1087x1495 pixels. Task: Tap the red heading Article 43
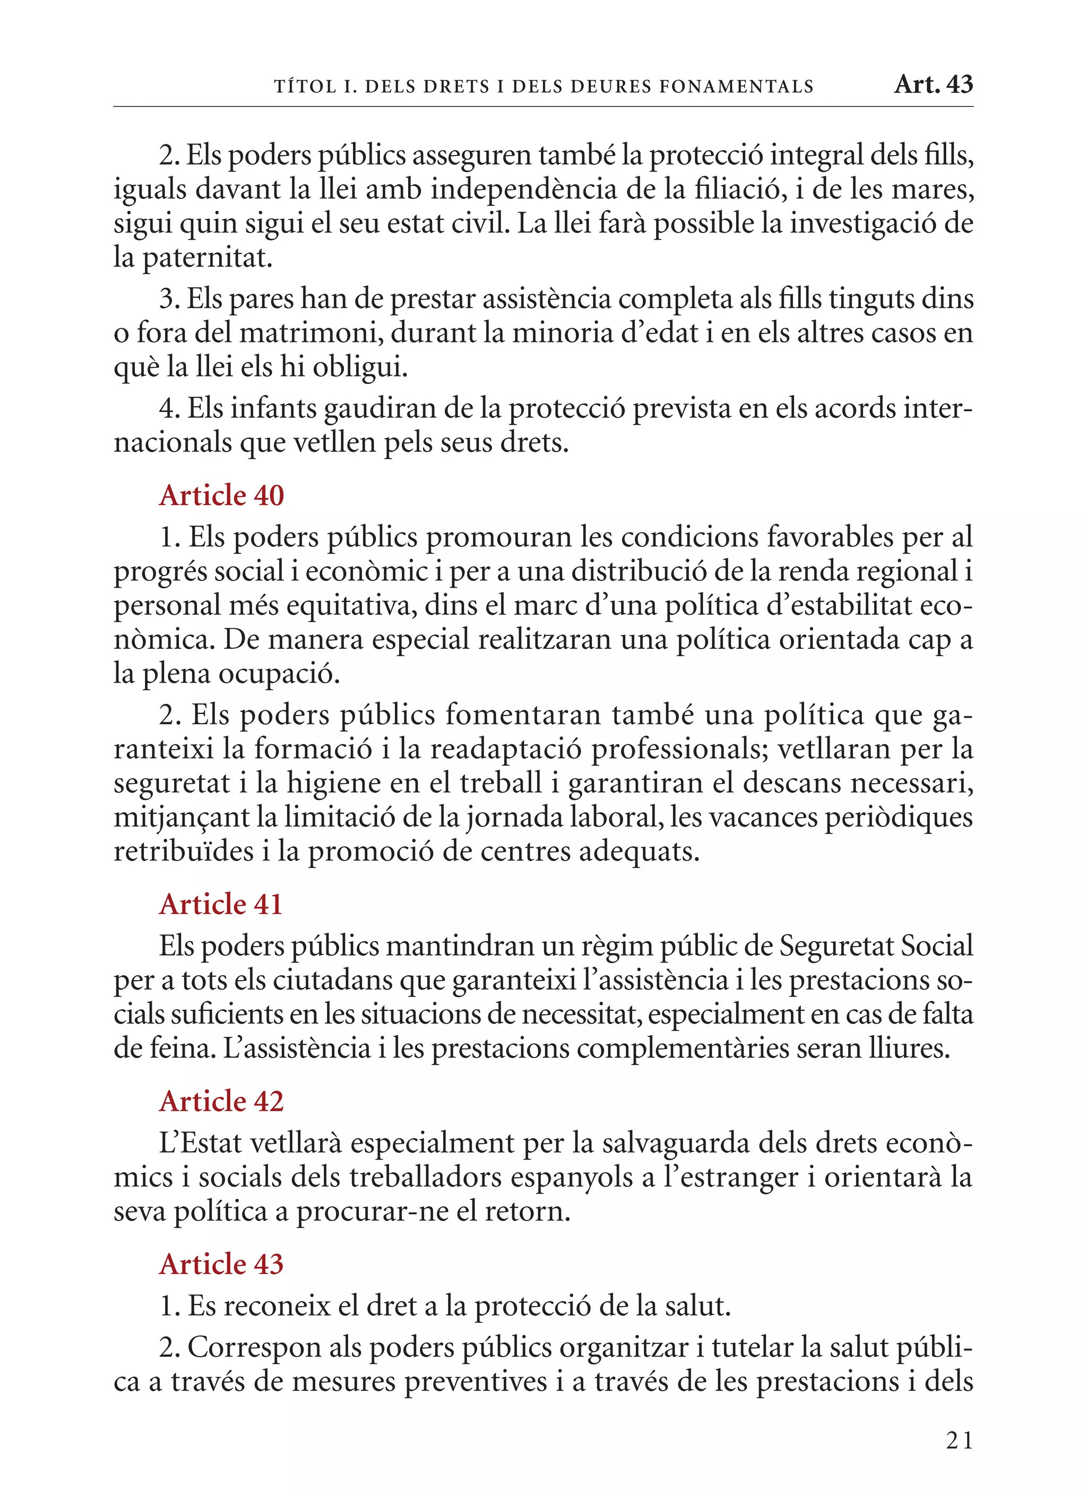coord(221,1264)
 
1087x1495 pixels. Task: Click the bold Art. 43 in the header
coord(933,84)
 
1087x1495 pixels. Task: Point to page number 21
coord(959,1440)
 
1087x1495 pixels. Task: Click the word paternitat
coord(207,257)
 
